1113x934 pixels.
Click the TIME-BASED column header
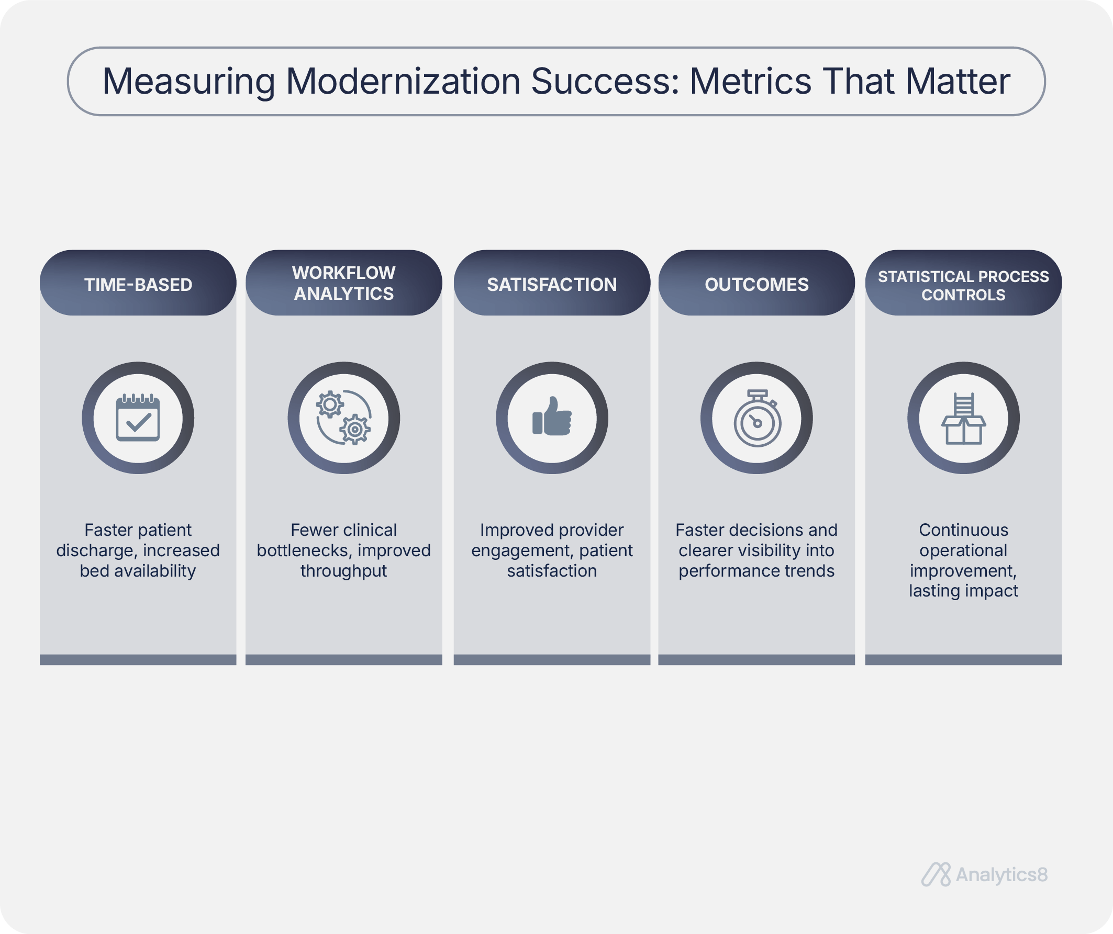138,283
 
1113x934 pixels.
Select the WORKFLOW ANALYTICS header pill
343,283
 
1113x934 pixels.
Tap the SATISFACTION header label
552,285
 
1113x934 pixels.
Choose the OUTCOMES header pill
756,283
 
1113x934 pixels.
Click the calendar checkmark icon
138,418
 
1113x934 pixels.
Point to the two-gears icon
343,418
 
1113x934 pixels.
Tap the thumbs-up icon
552,417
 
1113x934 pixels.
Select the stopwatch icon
757,419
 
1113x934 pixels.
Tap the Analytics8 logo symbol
936,875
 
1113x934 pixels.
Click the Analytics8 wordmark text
1001,875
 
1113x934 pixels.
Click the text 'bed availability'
138,570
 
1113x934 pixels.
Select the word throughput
343,571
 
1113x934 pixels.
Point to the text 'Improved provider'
552,530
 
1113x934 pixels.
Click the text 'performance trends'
756,571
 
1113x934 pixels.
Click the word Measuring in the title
188,82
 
